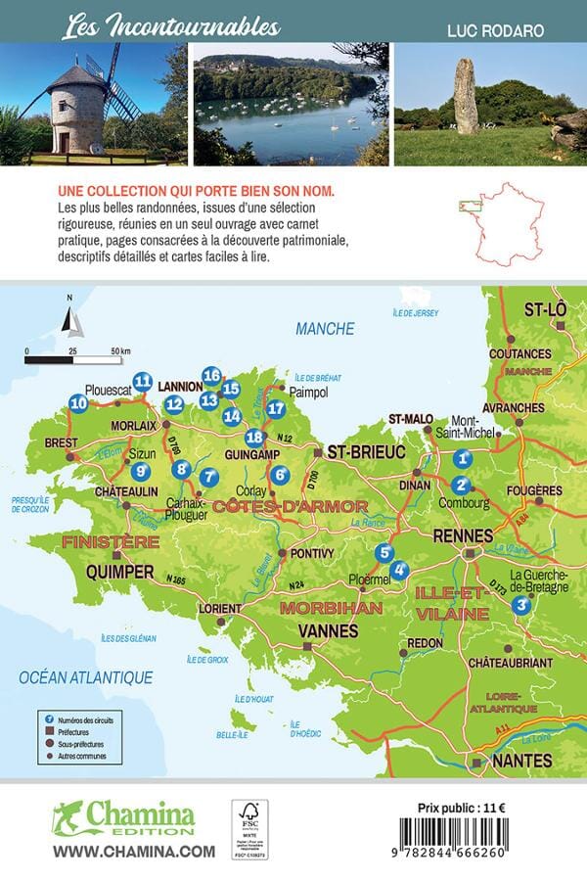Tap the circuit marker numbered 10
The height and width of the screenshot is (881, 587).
point(79,402)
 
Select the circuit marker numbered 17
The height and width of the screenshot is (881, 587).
point(276,409)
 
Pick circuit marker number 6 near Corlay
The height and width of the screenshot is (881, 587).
point(280,476)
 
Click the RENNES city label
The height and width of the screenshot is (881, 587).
point(466,534)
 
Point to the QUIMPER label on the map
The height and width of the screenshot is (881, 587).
point(119,571)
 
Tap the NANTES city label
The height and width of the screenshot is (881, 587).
point(521,760)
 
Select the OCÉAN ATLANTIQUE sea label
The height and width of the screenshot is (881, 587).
point(87,676)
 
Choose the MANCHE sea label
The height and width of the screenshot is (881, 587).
point(325,329)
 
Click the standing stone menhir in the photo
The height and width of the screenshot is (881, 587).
point(465,97)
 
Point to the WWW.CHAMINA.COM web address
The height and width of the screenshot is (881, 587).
point(133,852)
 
